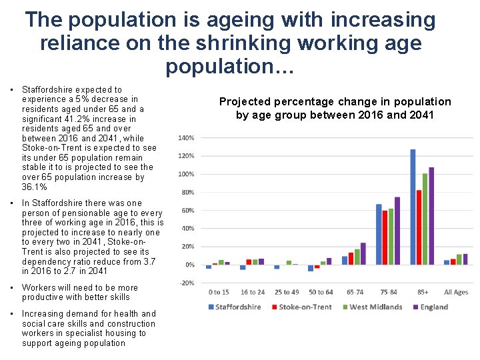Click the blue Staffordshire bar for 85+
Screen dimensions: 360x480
413,207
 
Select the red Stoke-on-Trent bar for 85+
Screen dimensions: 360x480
419,227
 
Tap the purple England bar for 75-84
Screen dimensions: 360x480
397,231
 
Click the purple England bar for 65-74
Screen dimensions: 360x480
363,253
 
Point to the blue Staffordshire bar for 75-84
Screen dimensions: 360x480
379,234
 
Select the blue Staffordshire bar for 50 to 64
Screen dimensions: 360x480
311,268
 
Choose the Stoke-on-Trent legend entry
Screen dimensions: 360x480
301,307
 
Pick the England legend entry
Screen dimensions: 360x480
431,307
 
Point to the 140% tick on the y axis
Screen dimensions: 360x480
186,138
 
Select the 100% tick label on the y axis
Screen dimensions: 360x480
186,174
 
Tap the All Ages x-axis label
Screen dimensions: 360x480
456,292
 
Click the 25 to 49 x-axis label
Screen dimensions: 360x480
287,292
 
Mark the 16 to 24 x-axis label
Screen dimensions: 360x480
253,292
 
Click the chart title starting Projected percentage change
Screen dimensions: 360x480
335,108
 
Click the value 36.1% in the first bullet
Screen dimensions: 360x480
35,187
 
